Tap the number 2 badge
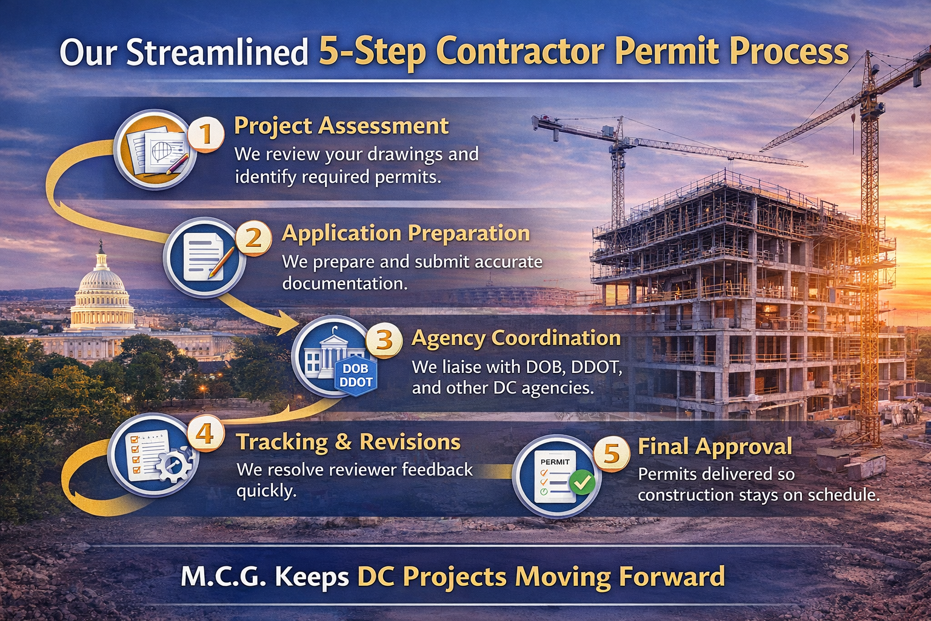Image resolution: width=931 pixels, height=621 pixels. [253, 238]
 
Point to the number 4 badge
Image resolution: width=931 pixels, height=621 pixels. [205, 434]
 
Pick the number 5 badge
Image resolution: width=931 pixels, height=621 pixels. [612, 453]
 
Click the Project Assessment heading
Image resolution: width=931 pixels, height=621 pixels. [341, 126]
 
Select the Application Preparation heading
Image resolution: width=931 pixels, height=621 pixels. [405, 233]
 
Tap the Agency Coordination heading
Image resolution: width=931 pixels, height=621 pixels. [516, 338]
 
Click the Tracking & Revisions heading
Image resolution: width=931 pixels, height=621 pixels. [349, 442]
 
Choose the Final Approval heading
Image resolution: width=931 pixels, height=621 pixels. [715, 447]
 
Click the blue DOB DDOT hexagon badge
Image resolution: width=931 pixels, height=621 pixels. [356, 375]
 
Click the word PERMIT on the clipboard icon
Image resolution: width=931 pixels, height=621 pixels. [555, 462]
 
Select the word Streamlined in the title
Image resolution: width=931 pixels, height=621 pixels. [218, 52]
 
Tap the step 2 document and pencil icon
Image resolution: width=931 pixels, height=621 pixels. [204, 257]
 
